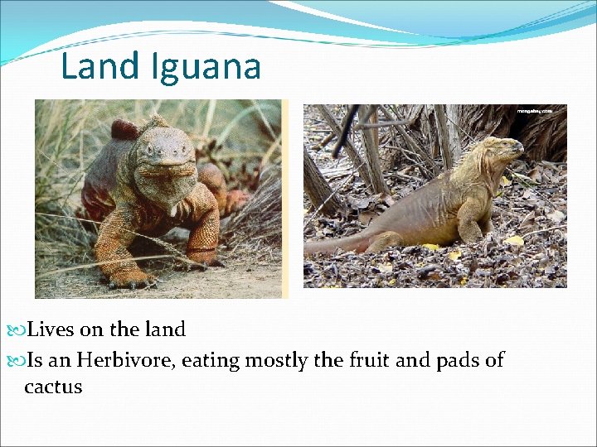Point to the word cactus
pyautogui.click(x=53, y=387)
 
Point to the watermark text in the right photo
pyautogui.click(x=540, y=111)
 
